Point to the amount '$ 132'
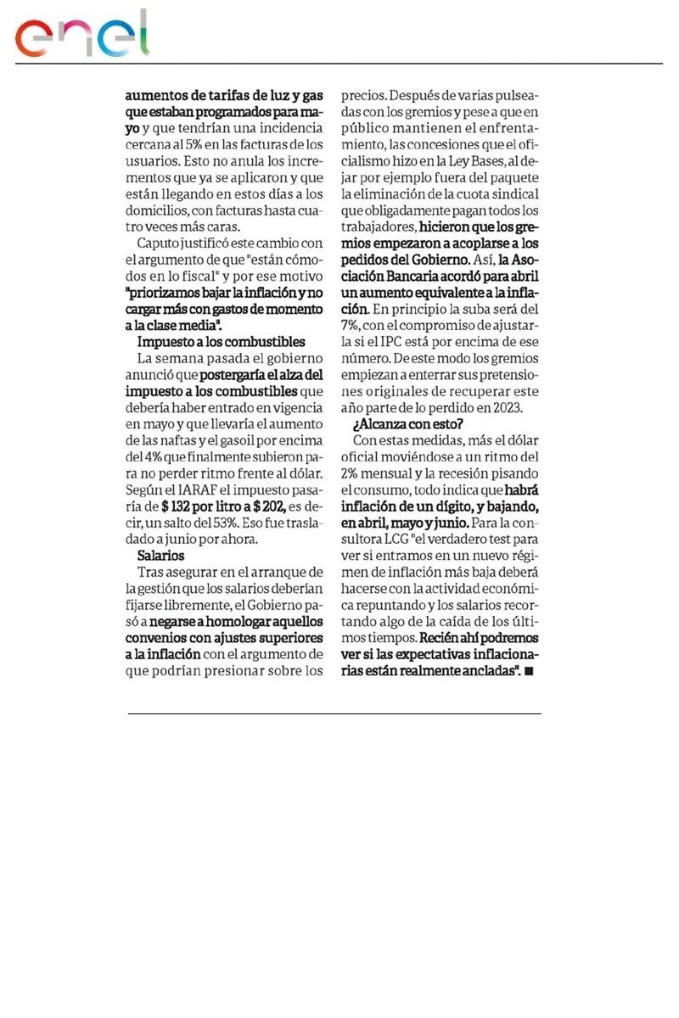click(178, 507)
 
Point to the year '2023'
click(506, 407)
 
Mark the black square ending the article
click(530, 671)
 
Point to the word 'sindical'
click(513, 193)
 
